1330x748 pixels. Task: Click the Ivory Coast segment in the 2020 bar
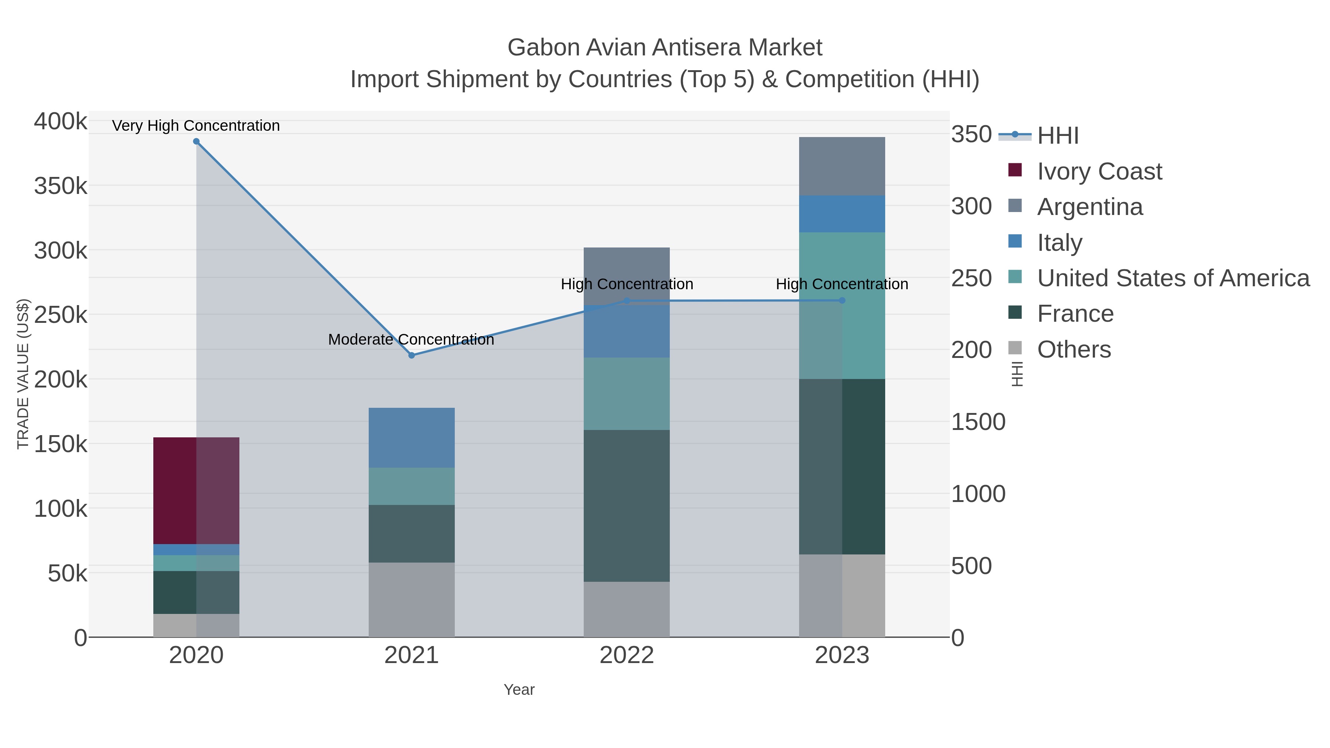coord(196,491)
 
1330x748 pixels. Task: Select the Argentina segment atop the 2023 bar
coord(842,166)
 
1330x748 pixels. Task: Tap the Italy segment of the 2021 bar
coord(412,438)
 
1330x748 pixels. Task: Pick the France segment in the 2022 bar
coord(626,506)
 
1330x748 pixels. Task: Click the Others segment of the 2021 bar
coord(412,600)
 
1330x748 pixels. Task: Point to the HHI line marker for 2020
coord(196,141)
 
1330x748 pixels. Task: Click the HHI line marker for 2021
coord(412,355)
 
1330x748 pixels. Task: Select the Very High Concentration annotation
coord(196,126)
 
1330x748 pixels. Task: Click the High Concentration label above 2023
coord(842,284)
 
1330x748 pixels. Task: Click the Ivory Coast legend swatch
coord(1014,170)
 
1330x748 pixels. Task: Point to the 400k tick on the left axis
coord(61,122)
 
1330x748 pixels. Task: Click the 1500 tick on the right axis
coord(978,422)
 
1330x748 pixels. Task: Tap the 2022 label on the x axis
coord(626,656)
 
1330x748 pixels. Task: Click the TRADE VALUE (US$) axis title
coord(23,374)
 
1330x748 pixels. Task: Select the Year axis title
coord(519,690)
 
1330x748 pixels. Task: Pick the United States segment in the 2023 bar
coord(842,305)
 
